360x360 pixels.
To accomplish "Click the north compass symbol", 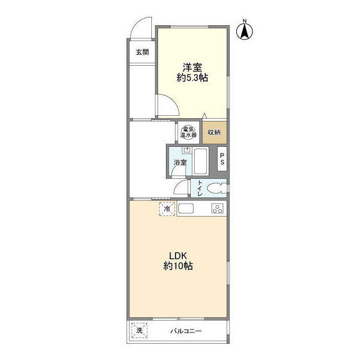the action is [x=245, y=31].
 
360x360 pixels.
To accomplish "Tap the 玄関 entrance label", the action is [x=142, y=52].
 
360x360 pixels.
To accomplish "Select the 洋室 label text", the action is [x=192, y=67].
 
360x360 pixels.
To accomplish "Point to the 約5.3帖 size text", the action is [x=192, y=78].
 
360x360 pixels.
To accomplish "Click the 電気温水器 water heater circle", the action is [x=188, y=132].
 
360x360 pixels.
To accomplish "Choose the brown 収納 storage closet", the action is [x=214, y=133].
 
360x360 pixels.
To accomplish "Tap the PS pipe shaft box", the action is [x=222, y=159].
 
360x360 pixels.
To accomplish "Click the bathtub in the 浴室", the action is [x=201, y=161].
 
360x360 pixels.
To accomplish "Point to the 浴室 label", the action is [x=180, y=163].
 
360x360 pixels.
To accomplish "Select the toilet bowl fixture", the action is [x=217, y=188].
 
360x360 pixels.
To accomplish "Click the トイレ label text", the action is [x=200, y=188].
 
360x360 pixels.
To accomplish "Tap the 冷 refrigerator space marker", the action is [x=167, y=209].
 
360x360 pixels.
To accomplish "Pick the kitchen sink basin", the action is [x=186, y=209].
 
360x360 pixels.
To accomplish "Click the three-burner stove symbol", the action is [x=217, y=209].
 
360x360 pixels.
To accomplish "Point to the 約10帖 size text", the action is [x=178, y=266].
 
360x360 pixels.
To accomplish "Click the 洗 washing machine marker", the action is [x=139, y=330].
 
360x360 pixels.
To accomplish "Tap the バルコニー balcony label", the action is [x=186, y=331].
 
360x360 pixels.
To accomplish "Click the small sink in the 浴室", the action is [x=187, y=150].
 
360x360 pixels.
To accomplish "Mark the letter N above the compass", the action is [x=245, y=21].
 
